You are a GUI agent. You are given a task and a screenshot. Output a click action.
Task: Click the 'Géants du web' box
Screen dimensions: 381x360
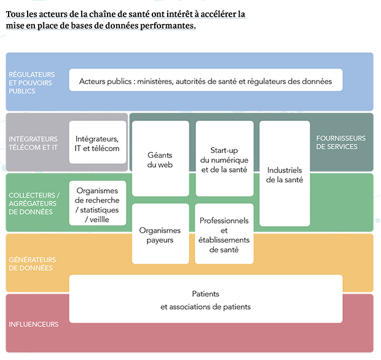(x=160, y=158)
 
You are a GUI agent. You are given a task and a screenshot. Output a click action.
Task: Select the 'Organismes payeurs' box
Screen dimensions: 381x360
(x=160, y=233)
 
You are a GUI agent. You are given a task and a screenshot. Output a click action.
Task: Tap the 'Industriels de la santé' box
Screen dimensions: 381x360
(x=285, y=173)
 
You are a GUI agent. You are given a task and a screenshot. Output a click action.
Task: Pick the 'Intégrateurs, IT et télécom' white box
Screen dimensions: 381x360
(x=98, y=142)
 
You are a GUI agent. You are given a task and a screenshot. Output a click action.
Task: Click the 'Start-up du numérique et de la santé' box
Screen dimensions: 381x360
(x=224, y=158)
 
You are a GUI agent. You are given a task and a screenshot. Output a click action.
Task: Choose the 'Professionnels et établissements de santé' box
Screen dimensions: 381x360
(x=224, y=233)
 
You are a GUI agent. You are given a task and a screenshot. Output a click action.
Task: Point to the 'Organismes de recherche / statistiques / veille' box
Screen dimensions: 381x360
(x=98, y=203)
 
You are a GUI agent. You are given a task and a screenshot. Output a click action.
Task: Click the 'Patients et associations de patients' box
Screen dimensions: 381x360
(x=206, y=299)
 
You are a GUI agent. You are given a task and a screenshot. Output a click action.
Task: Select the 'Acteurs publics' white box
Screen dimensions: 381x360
(x=206, y=80)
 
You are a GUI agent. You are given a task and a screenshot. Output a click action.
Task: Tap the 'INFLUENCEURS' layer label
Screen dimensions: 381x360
(x=34, y=324)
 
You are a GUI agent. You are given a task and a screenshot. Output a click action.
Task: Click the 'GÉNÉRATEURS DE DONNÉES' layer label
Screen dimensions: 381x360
(x=33, y=264)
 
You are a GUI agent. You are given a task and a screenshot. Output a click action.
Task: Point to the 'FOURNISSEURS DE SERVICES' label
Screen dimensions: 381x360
(x=340, y=143)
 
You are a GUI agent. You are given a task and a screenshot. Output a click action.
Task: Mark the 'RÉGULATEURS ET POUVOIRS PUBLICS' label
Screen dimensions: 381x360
(x=31, y=82)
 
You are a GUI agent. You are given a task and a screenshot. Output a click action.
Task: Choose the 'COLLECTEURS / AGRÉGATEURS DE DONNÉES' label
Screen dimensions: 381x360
(x=34, y=203)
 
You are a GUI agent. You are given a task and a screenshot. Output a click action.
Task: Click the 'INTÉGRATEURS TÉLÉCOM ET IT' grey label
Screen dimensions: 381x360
(x=33, y=143)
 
